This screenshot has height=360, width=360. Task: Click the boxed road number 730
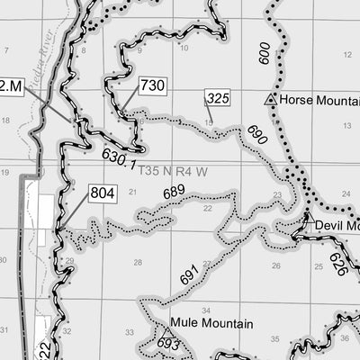pos(152,85)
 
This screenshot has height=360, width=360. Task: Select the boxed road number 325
pos(217,97)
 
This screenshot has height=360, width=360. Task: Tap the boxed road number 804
pos(102,192)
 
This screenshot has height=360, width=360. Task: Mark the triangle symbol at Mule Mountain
pos(166,332)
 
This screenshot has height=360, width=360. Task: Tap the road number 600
pos(264,54)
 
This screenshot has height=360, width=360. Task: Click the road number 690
pos(256,137)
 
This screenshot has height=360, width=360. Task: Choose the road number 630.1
pos(119,160)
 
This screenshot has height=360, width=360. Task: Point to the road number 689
pos(174,192)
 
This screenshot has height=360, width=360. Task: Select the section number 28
pos(138,263)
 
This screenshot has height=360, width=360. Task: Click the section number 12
pos(346,56)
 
